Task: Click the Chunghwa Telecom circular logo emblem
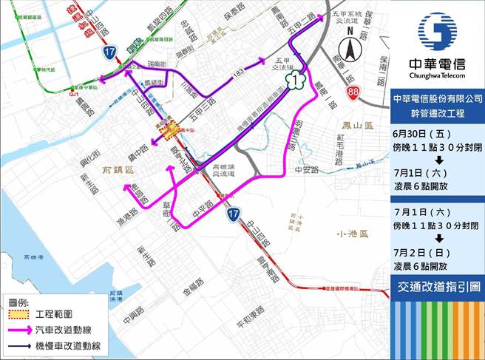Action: point(437,29)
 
